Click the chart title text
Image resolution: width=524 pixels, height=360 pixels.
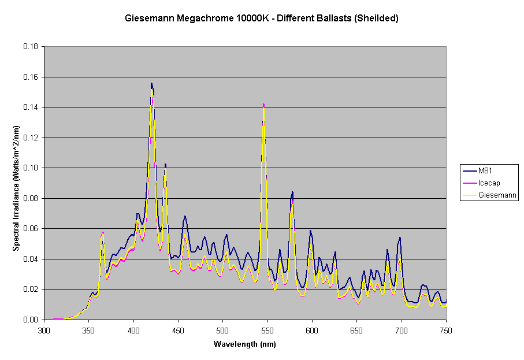point(262,18)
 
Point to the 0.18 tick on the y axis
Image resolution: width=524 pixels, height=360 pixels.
point(32,46)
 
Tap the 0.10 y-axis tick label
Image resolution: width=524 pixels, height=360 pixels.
point(32,168)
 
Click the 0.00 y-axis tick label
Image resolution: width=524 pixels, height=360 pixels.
point(32,320)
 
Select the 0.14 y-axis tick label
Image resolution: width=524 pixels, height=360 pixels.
point(32,107)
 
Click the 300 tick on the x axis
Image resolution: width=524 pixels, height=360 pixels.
point(44,331)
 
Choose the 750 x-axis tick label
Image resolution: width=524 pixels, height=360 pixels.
point(445,331)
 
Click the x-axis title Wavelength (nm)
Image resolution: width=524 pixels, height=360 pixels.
point(244,344)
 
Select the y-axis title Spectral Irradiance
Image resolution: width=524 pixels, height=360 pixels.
point(17,183)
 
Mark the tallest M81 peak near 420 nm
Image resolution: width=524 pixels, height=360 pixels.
point(151,83)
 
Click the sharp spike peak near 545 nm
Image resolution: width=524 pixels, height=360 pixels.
point(263,105)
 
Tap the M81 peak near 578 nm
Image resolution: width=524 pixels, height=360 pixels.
point(292,191)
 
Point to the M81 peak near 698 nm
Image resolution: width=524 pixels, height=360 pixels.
point(399,237)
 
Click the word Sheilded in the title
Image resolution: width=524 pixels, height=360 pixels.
point(378,18)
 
